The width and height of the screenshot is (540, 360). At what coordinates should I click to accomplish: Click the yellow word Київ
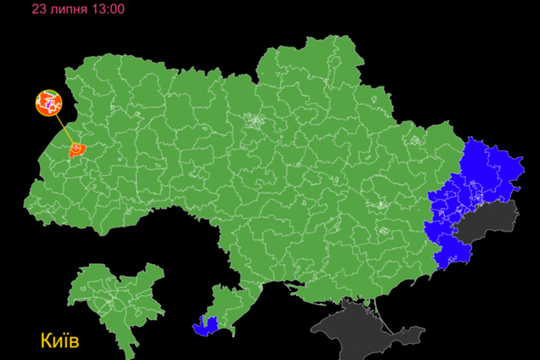click(x=59, y=341)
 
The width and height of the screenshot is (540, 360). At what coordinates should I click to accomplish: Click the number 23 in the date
click(x=39, y=8)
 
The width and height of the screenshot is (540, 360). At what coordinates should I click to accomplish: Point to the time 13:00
click(x=108, y=8)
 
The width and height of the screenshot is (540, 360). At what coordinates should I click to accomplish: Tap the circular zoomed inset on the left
click(x=50, y=104)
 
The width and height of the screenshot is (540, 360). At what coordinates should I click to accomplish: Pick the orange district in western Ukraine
click(x=76, y=150)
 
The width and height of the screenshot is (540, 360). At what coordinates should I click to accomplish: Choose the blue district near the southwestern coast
click(x=206, y=323)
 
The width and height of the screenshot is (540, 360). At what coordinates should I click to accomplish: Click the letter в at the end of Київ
click(x=73, y=342)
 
